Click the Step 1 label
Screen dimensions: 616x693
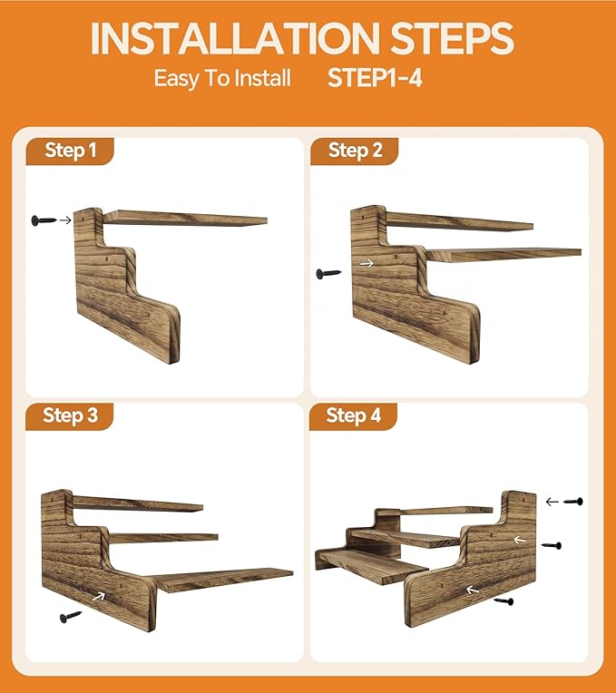[70, 151]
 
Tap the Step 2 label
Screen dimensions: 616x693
[355, 151]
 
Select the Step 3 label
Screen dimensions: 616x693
[70, 415]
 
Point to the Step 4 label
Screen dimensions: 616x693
[354, 415]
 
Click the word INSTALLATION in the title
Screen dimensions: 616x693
[235, 38]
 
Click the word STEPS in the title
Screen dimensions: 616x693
[452, 38]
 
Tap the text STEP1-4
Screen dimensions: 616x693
[375, 78]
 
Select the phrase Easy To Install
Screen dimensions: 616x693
[222, 79]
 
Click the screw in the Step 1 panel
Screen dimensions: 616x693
[44, 220]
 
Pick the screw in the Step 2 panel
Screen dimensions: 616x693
[328, 274]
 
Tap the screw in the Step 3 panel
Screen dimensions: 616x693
[71, 617]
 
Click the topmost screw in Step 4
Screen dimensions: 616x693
[573, 502]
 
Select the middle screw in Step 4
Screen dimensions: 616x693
[552, 546]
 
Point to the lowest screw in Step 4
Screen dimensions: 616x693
[504, 601]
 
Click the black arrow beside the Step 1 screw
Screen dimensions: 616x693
[65, 220]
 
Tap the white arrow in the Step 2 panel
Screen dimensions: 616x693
[367, 263]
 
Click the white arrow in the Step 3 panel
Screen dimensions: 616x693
[99, 597]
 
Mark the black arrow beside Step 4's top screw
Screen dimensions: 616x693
[552, 502]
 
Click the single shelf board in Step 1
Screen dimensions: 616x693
[186, 219]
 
